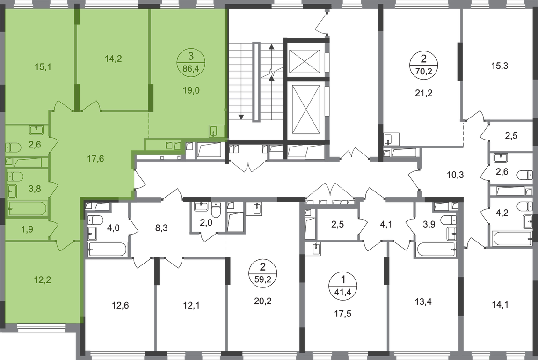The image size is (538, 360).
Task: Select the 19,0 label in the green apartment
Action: (x=192, y=91)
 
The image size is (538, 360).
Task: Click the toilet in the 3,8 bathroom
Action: (x=15, y=176)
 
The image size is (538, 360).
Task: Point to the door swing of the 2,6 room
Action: (x=54, y=141)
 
